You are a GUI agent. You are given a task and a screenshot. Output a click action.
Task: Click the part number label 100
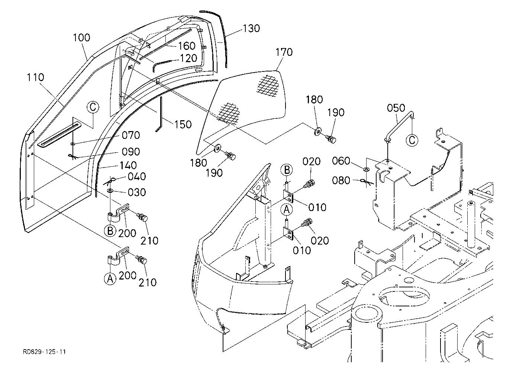click(81, 38)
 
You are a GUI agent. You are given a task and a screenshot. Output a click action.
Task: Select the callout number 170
click(284, 52)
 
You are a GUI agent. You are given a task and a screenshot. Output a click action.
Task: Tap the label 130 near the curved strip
click(251, 28)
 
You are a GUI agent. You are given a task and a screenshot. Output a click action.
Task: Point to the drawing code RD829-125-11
click(45, 352)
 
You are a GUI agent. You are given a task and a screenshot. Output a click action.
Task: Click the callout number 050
click(396, 108)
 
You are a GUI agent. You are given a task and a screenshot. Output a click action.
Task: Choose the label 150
click(183, 124)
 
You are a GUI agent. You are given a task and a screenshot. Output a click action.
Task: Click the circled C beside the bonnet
click(93, 107)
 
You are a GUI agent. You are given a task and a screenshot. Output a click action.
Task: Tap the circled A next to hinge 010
click(287, 210)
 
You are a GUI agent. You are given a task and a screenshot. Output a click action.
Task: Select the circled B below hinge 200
click(110, 231)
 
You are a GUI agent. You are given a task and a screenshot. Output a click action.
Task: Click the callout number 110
click(35, 77)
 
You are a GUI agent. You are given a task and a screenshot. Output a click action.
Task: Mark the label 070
click(131, 136)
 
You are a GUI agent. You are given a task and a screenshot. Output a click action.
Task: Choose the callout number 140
click(128, 165)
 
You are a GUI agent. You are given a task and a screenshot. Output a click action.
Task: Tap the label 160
click(187, 46)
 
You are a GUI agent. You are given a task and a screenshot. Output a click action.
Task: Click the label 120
click(188, 58)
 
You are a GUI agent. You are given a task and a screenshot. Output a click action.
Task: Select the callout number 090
click(131, 152)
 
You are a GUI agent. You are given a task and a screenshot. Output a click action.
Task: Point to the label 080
click(341, 181)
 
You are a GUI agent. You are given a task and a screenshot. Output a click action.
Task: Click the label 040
click(137, 177)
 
